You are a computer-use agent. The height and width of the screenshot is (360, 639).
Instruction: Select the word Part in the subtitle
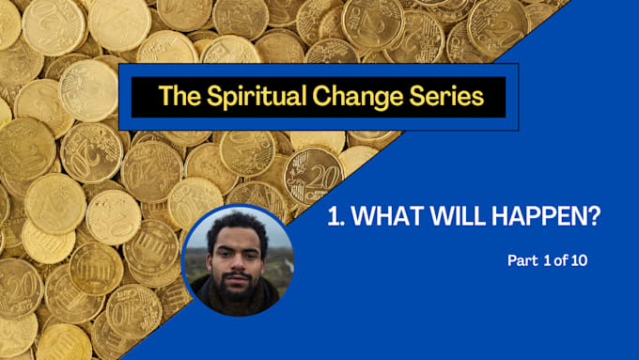pyautogui.click(x=520, y=260)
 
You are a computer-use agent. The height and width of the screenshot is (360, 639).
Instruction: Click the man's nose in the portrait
pyautogui.click(x=235, y=257)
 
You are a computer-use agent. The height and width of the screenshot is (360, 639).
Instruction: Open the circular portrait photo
pyautogui.click(x=237, y=259)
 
